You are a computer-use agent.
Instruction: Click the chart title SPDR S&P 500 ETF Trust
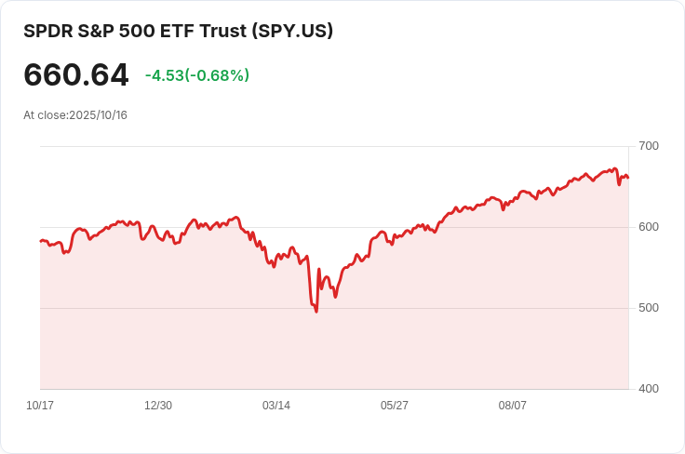(136, 31)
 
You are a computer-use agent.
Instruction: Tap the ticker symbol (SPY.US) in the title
(292, 31)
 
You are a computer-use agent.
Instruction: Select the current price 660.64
(76, 75)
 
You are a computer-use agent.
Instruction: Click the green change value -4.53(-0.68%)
(197, 75)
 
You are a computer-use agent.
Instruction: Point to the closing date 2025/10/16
(98, 115)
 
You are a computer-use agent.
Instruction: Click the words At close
(45, 115)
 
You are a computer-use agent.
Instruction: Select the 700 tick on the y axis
(649, 146)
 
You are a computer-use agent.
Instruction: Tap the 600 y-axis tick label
(649, 227)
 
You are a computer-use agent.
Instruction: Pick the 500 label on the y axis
(649, 308)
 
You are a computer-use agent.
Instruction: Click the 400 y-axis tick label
(649, 389)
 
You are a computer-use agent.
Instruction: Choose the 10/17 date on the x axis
(40, 406)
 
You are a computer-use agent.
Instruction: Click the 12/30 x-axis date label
(158, 406)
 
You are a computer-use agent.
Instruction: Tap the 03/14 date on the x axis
(276, 406)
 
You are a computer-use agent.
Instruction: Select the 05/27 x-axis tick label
(395, 406)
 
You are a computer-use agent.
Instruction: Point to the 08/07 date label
(513, 406)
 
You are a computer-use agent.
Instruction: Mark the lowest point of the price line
(316, 311)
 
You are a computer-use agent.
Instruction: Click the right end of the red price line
(628, 178)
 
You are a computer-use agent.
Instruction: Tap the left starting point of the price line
(40, 241)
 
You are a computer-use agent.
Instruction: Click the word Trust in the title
(222, 31)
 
